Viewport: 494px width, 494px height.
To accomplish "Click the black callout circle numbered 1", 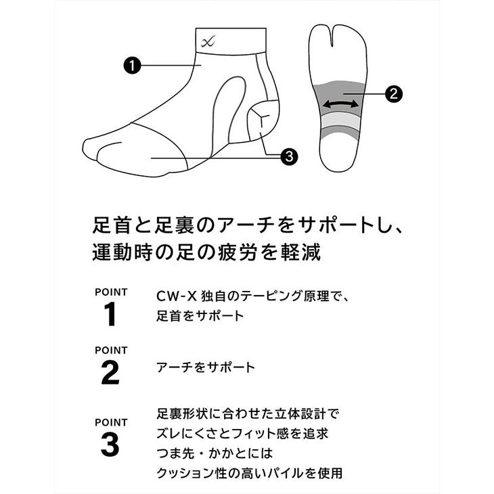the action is tap(132, 66).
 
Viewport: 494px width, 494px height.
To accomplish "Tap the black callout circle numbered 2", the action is tap(393, 93).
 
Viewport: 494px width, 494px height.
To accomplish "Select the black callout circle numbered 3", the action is tap(289, 156).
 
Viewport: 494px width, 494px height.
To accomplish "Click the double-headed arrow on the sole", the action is tap(341, 104).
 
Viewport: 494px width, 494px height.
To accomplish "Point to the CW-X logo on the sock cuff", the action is tap(208, 41).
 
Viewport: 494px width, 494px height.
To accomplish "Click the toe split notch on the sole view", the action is tap(332, 37).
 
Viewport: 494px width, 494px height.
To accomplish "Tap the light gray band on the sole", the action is tap(341, 120).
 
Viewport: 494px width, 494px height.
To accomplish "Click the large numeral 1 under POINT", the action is tap(110, 314).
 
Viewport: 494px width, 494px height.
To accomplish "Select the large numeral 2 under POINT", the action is tap(110, 373).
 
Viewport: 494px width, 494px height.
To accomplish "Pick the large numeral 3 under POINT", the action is tap(110, 445).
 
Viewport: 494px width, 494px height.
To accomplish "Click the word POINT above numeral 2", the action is tap(111, 350).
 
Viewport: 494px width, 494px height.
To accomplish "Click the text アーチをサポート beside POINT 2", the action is tap(206, 367).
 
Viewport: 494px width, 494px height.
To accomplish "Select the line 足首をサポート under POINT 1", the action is tap(200, 315).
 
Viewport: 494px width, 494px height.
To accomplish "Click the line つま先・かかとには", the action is tap(215, 453).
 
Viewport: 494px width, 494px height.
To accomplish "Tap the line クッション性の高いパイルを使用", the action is tap(250, 473).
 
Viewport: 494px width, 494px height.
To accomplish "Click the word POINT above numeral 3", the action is tap(111, 422).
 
